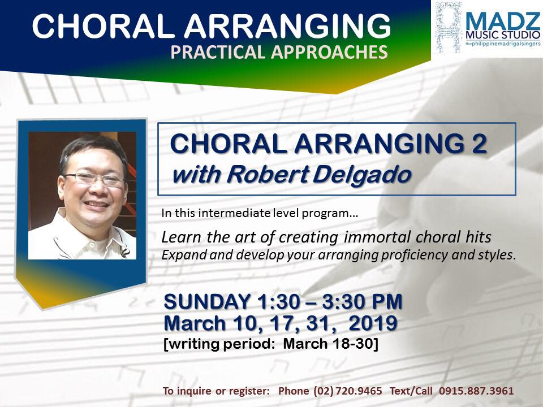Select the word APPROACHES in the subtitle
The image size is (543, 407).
point(329,52)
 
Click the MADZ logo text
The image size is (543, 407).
point(502,21)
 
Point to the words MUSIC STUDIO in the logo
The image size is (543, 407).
point(503,35)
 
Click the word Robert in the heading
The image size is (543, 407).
point(268,174)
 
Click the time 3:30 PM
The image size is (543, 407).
point(362,301)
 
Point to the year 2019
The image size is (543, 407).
point(373,323)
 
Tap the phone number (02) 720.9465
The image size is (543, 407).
point(348,391)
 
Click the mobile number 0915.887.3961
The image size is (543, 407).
point(476,391)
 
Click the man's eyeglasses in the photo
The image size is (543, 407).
point(94,179)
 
